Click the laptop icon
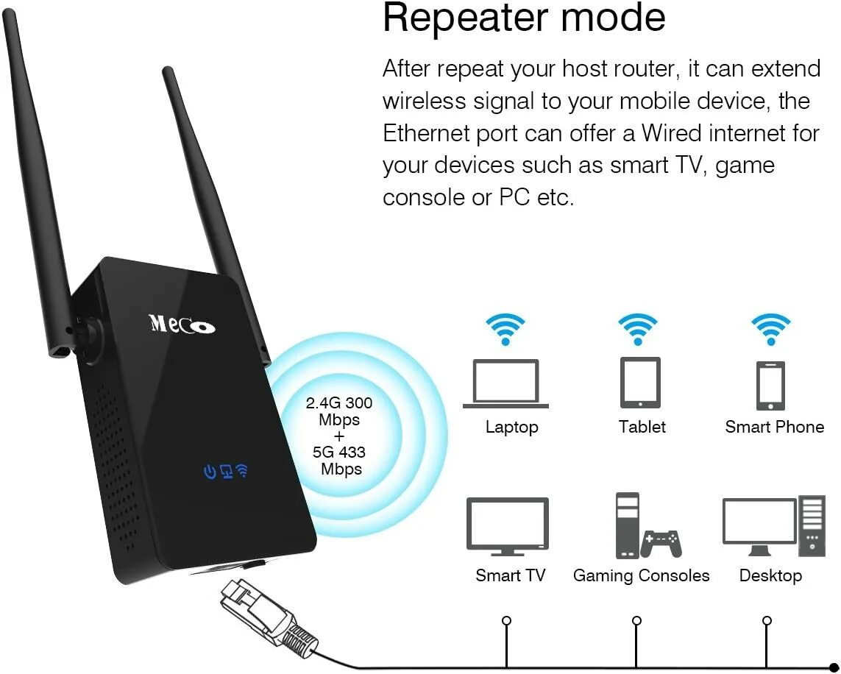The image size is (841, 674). (x=505, y=383)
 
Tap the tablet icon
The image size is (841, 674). (x=640, y=383)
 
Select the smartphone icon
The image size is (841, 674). (x=770, y=386)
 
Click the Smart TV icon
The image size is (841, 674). (x=508, y=525)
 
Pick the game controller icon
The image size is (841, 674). (x=661, y=543)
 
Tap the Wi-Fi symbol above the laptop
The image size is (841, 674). (x=505, y=329)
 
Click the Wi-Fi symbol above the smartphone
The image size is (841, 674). (x=770, y=329)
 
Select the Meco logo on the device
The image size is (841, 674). (x=182, y=324)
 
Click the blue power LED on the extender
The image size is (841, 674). (x=210, y=472)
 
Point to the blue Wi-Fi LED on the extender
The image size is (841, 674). (x=242, y=470)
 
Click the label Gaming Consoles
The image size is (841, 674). (x=641, y=575)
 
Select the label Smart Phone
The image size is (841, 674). (x=774, y=427)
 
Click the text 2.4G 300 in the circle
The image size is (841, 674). (x=339, y=403)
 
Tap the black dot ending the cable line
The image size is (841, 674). (x=833, y=667)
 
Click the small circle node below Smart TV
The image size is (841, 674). (x=506, y=620)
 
